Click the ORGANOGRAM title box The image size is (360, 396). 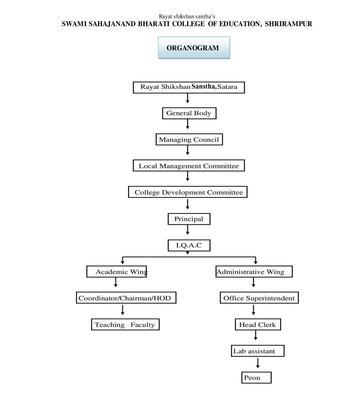194,48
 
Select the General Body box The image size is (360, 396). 189,113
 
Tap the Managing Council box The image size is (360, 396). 189,139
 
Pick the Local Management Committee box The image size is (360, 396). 189,165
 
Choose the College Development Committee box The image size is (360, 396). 188,192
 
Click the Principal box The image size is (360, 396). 189,219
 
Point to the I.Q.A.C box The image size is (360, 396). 189,245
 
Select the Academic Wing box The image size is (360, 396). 117,272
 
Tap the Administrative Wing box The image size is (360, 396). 254,272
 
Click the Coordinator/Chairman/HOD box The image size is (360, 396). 126,298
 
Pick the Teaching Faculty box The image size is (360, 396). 125,324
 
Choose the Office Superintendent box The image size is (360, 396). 259,298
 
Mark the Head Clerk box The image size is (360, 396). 258,324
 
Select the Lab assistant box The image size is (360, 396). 258,351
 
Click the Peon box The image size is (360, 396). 256,377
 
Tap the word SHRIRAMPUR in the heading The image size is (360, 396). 288,24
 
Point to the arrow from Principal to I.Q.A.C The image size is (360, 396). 187,230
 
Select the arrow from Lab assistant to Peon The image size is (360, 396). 258,363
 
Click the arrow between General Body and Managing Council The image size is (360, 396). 187,124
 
